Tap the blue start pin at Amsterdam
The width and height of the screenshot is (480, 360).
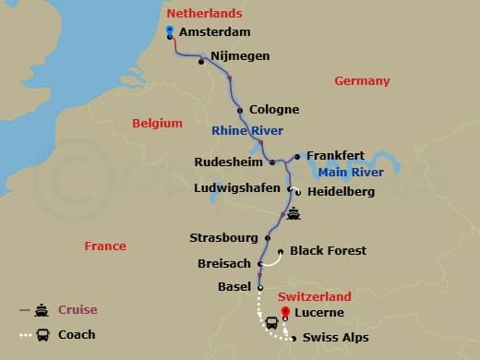[x=170, y=31]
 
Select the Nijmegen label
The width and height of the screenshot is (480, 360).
[x=240, y=56]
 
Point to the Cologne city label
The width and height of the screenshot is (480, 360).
[x=276, y=111]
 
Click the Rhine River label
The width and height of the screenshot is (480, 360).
[x=247, y=130]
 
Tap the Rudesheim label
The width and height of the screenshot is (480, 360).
[x=229, y=162]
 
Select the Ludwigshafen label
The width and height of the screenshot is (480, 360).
[x=240, y=188]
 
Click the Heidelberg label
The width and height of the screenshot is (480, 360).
[x=341, y=192]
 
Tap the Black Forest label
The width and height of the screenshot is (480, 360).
[x=328, y=250]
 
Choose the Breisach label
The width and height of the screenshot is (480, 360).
[x=224, y=263]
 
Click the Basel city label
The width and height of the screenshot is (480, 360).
[x=234, y=286]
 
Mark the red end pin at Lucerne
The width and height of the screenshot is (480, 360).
[x=285, y=311]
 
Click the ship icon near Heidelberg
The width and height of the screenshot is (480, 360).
[x=294, y=214]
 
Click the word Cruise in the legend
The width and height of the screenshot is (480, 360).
[x=78, y=309]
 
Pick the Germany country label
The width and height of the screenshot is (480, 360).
[x=362, y=81]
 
